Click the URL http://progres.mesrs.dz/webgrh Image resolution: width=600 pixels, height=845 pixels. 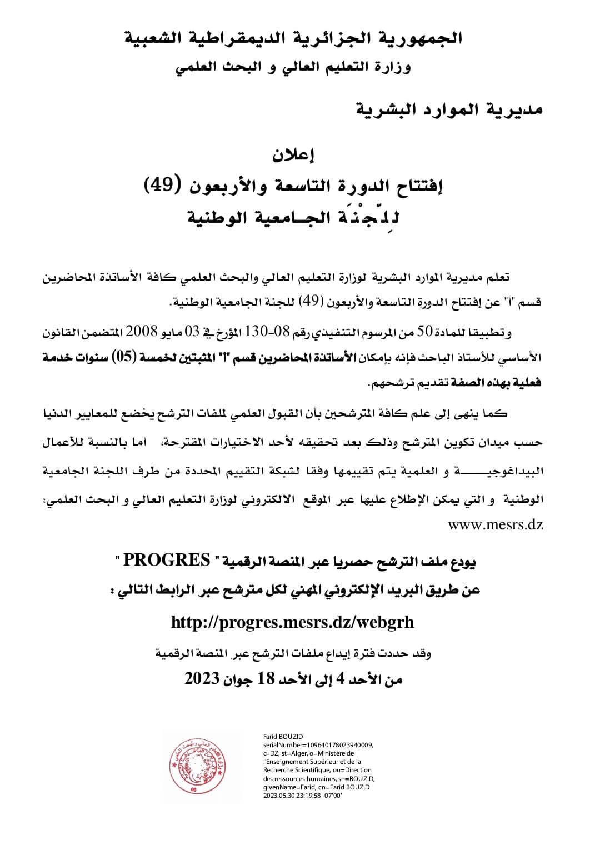pyautogui.click(x=292, y=622)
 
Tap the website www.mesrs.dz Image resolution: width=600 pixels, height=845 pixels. pyautogui.click(x=495, y=524)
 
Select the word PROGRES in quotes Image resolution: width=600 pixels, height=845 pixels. pyautogui.click(x=167, y=560)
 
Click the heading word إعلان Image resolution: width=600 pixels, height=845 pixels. pyautogui.click(x=293, y=156)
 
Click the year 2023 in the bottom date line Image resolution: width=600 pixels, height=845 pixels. pyautogui.click(x=202, y=678)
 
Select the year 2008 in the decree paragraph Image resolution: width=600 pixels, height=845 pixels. pyautogui.click(x=142, y=332)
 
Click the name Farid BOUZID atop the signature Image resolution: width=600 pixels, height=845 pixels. pyautogui.click(x=283, y=737)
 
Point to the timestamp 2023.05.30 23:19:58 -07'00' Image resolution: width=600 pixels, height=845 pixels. pyautogui.click(x=302, y=795)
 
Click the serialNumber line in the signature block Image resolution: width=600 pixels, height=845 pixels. pyautogui.click(x=318, y=745)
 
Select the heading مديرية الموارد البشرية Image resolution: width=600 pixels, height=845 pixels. pyautogui.click(x=449, y=109)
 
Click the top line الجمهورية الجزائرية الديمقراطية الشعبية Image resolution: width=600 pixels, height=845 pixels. pyautogui.click(x=293, y=38)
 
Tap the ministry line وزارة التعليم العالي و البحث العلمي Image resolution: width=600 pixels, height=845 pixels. pyautogui.click(x=293, y=67)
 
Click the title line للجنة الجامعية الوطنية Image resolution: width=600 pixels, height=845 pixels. pyautogui.click(x=293, y=217)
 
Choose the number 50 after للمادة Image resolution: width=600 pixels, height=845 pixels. pyautogui.click(x=424, y=332)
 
